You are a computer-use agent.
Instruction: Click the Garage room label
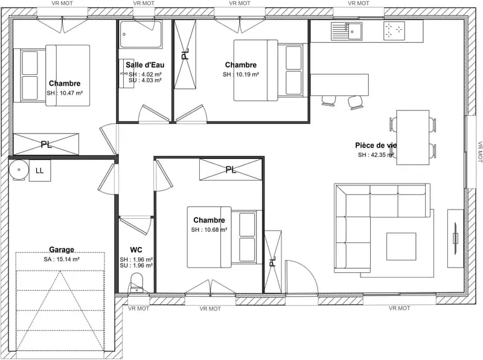point(62,249)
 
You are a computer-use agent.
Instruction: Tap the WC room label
point(136,249)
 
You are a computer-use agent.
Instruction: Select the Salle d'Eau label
point(145,65)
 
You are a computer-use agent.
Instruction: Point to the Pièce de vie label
point(376,145)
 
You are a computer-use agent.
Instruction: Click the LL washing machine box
point(40,170)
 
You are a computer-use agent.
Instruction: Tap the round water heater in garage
point(19,170)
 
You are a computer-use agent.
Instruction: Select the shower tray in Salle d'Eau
point(141,34)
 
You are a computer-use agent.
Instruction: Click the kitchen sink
point(347,31)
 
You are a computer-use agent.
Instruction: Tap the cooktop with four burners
point(394,31)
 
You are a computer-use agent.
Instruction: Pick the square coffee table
point(401,246)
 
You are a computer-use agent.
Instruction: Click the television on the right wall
point(455,238)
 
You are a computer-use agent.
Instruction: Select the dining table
point(413,138)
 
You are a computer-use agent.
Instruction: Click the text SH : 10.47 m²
point(65,93)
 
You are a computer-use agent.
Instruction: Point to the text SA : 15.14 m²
point(62,259)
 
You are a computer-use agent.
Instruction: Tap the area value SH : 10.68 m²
point(209,230)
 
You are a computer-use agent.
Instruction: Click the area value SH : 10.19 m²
point(241,74)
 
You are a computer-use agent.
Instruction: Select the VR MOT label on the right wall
point(479,152)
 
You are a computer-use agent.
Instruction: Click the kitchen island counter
point(339,85)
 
